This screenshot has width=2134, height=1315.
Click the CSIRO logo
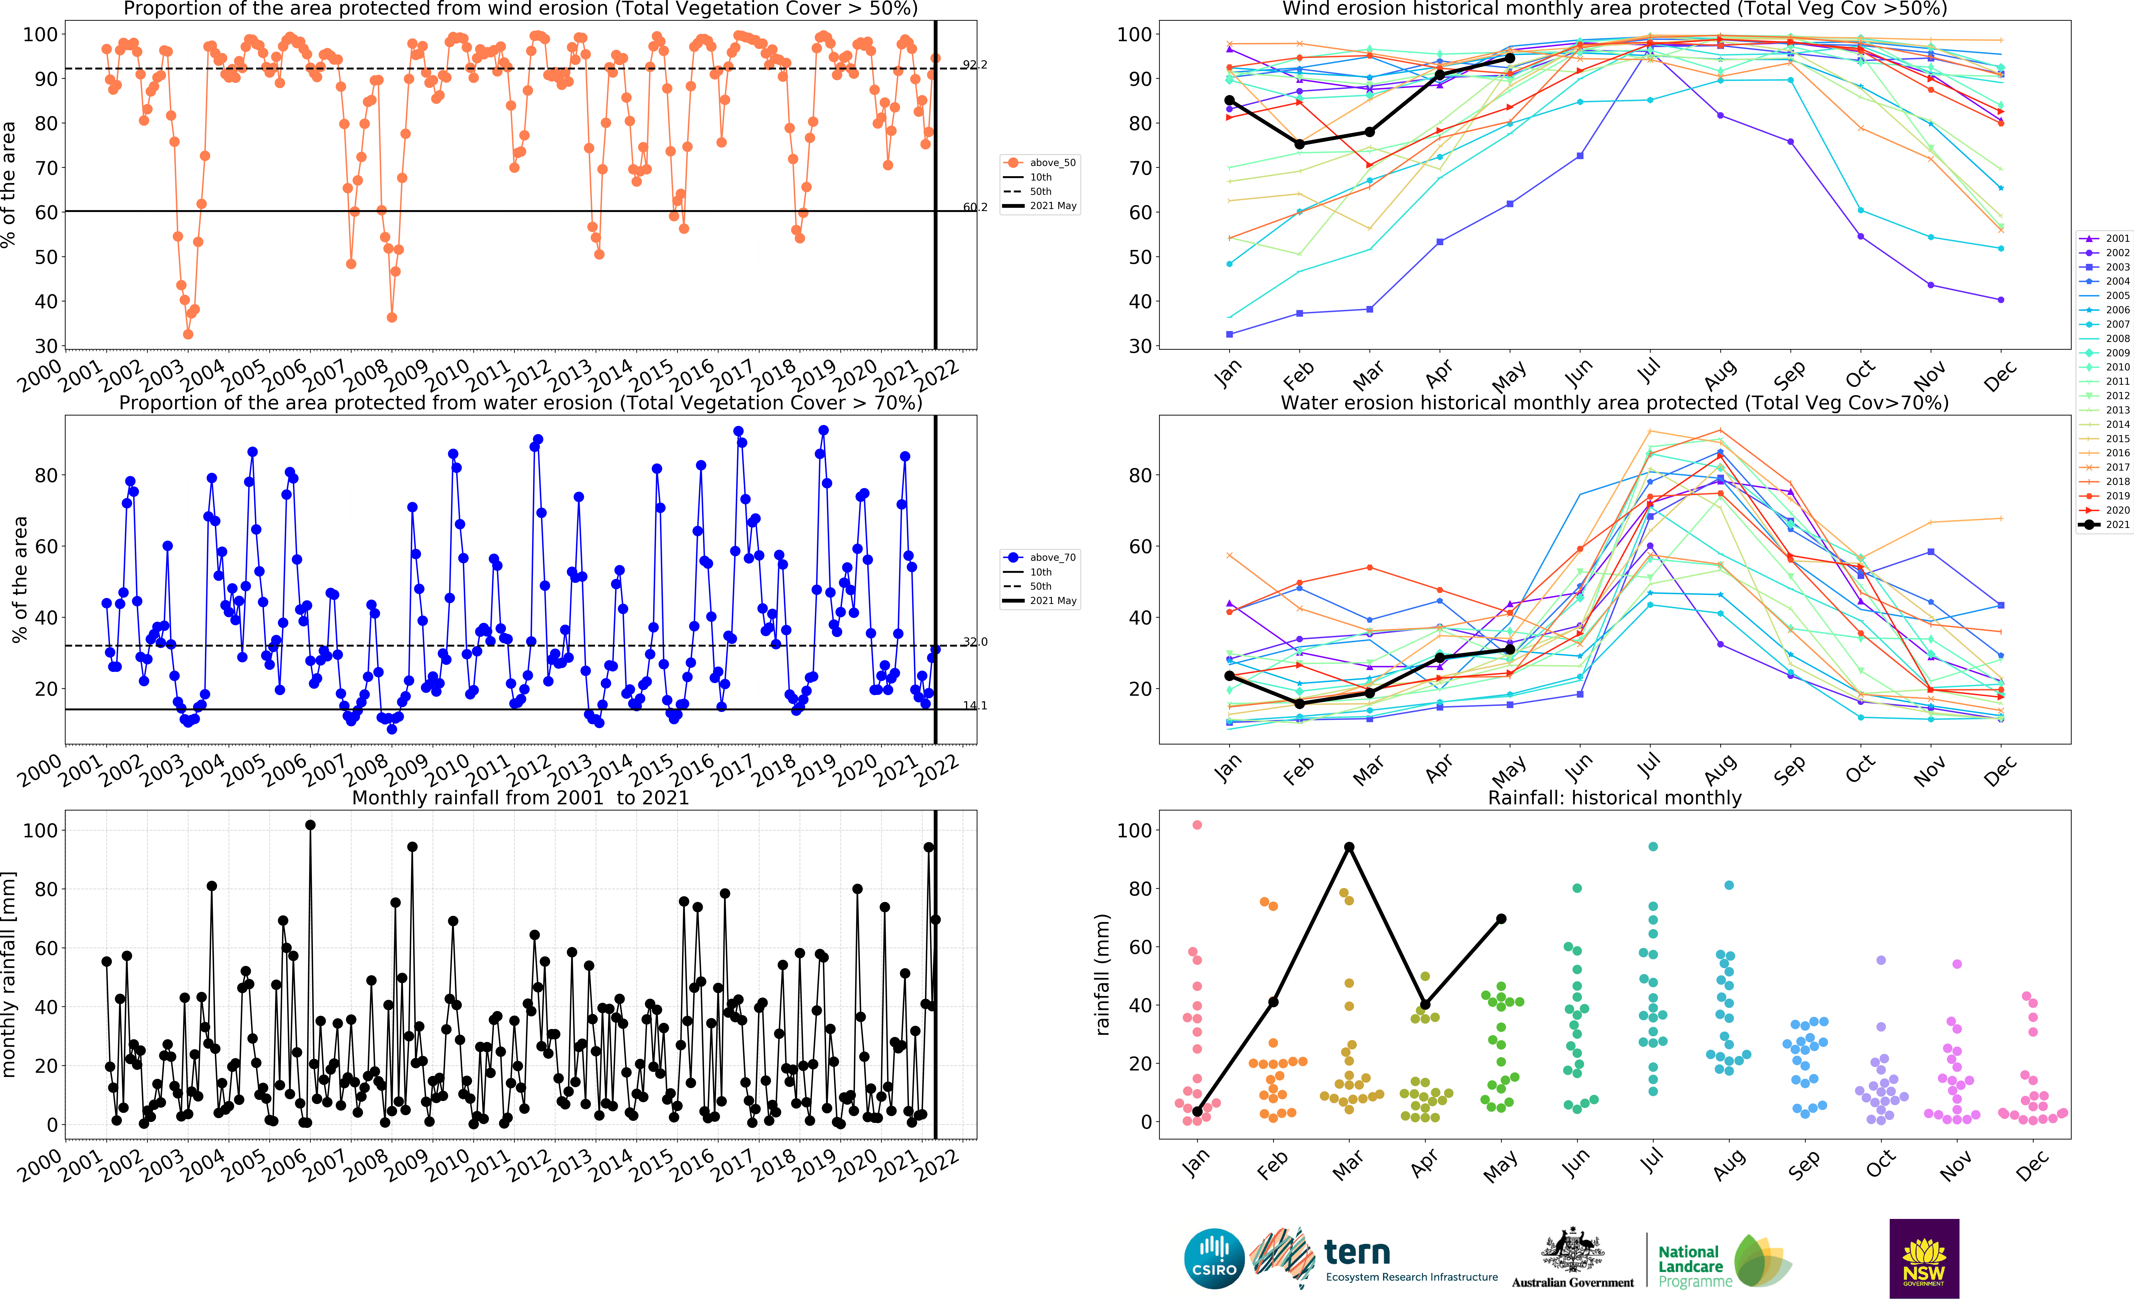click(1214, 1259)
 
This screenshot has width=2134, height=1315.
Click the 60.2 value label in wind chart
click(975, 207)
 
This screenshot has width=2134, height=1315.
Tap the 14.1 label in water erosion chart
click(975, 705)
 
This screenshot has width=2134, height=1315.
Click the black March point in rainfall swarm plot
click(1349, 847)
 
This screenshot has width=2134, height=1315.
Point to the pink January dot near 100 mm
click(1197, 824)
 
